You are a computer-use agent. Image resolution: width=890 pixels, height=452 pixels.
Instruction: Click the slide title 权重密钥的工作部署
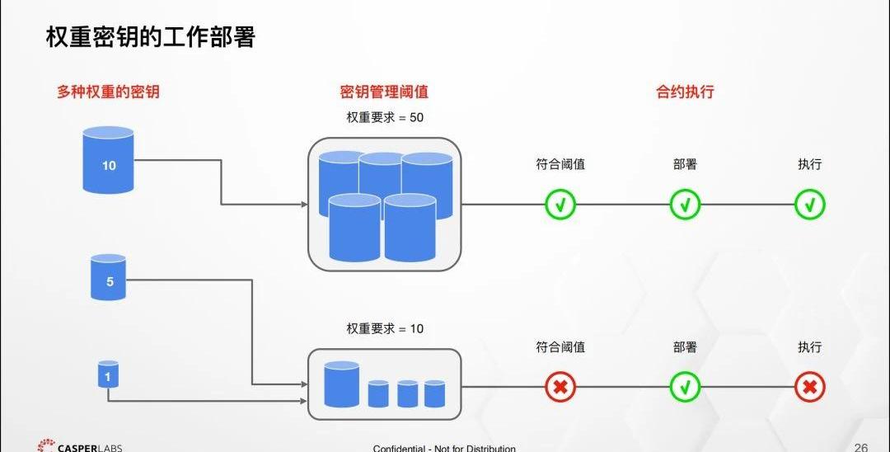tap(150, 38)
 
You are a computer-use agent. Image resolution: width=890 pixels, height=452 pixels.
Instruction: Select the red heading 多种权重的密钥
tap(108, 92)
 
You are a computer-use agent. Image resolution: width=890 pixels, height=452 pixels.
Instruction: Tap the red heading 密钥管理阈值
tap(384, 92)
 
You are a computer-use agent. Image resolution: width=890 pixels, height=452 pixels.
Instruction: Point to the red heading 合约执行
tap(685, 92)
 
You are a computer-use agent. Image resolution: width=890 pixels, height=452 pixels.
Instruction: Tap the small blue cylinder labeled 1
tap(108, 374)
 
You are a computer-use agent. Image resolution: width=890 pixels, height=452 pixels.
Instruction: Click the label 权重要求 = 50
tap(384, 117)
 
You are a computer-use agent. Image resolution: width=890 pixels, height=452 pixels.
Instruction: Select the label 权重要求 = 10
tap(384, 328)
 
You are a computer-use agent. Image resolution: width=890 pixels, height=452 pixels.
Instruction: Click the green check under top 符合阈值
tap(560, 204)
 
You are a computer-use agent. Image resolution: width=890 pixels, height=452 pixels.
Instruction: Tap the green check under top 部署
tap(685, 204)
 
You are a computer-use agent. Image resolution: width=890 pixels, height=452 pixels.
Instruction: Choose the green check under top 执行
tap(810, 204)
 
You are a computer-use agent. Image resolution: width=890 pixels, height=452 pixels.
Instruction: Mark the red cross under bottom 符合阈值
tap(560, 386)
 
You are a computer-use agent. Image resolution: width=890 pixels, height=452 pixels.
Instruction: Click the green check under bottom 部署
tap(685, 386)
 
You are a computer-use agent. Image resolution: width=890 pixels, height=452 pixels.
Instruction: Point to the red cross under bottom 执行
tap(810, 386)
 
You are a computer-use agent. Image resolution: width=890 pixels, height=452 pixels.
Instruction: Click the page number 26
tap(861, 447)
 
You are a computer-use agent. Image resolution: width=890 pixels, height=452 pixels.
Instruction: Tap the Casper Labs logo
tap(79, 446)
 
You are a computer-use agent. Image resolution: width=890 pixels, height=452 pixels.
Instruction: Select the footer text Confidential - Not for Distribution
tap(444, 448)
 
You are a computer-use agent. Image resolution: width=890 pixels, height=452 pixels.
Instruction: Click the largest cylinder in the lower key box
tap(342, 384)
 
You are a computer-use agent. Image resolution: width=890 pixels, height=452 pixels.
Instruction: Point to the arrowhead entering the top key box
tap(302, 204)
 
